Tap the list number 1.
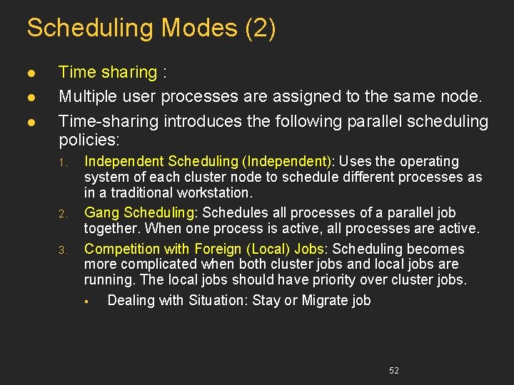tap(62, 163)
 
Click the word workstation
tap(217, 192)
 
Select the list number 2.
tap(62, 214)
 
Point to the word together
tap(113, 228)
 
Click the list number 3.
tap(62, 250)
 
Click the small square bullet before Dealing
tap(85, 302)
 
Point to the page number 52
tap(394, 371)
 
